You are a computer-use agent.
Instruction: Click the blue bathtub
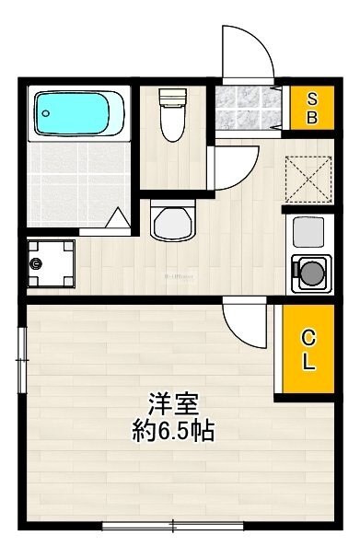(80, 113)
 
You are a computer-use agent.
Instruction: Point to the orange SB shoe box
(312, 108)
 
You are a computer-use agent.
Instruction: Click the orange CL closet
(308, 349)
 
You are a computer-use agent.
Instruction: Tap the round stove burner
(311, 273)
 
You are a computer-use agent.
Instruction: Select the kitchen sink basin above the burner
(308, 229)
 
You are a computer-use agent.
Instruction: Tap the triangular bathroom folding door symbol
(118, 217)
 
